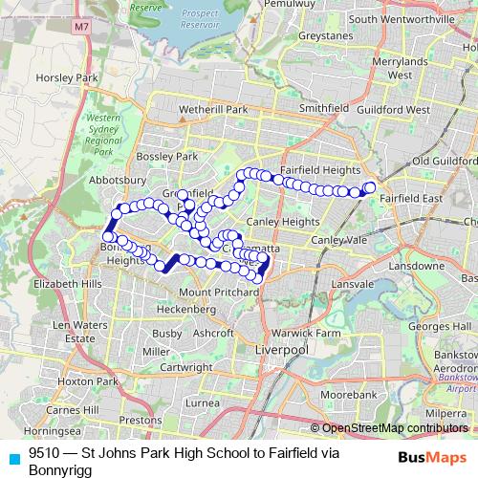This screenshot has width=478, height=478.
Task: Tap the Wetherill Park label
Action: (x=206, y=110)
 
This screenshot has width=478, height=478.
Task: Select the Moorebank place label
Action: (x=349, y=394)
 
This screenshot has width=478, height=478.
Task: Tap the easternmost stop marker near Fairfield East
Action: (x=370, y=186)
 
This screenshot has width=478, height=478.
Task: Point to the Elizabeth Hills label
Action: (x=67, y=284)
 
